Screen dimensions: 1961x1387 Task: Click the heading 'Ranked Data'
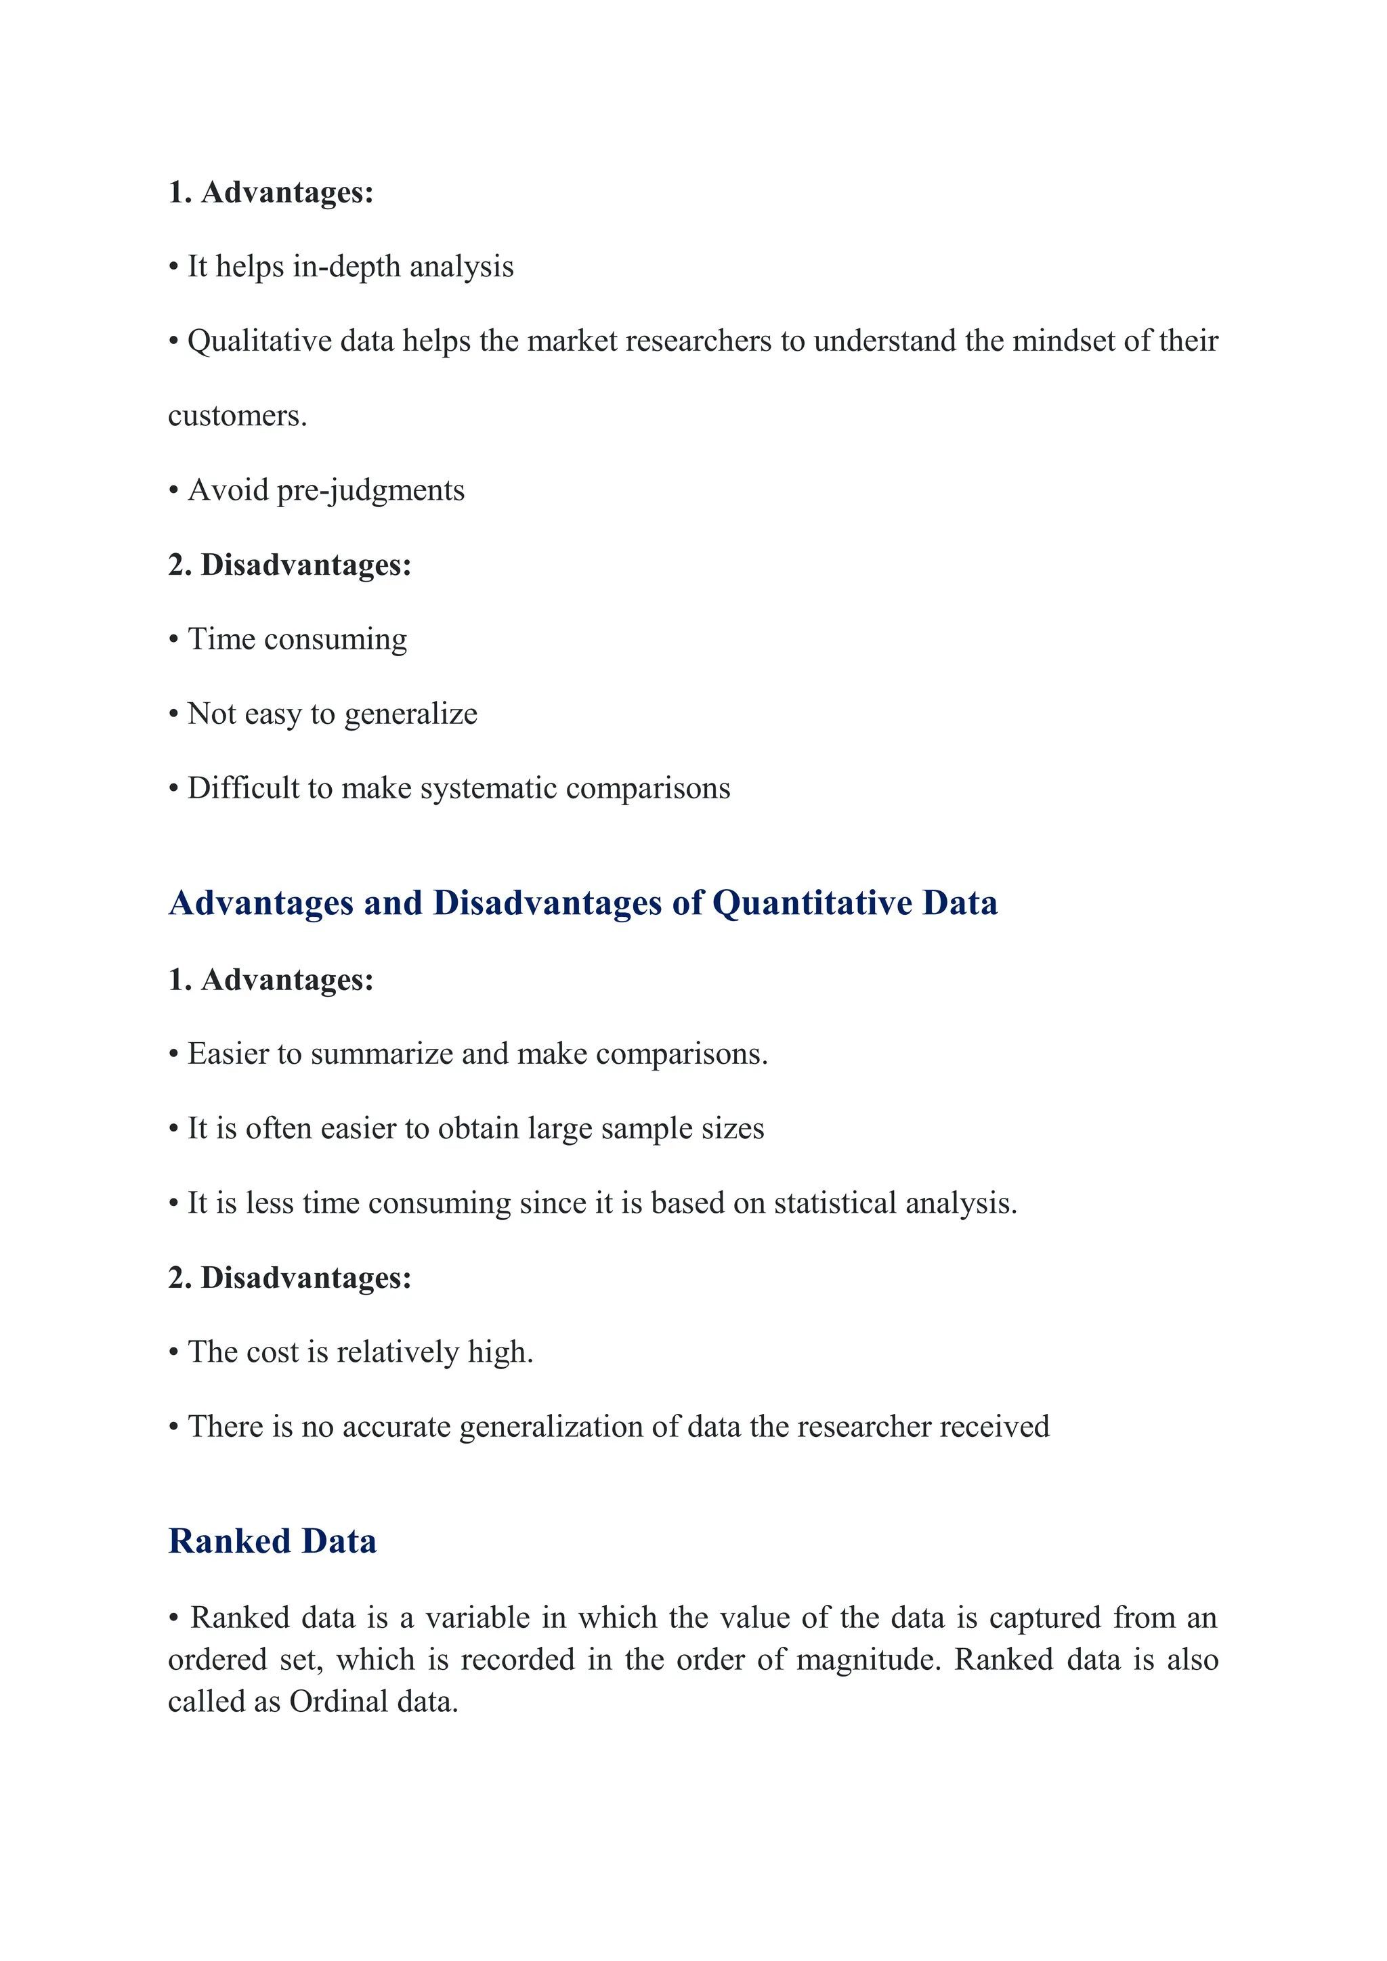[272, 1542]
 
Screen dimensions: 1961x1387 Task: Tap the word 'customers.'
[236, 416]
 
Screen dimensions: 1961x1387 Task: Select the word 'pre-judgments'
[370, 491]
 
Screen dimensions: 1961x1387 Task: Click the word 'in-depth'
[347, 267]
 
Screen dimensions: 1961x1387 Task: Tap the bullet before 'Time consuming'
[173, 640]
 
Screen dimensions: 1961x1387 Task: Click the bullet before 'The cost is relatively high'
[173, 1353]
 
